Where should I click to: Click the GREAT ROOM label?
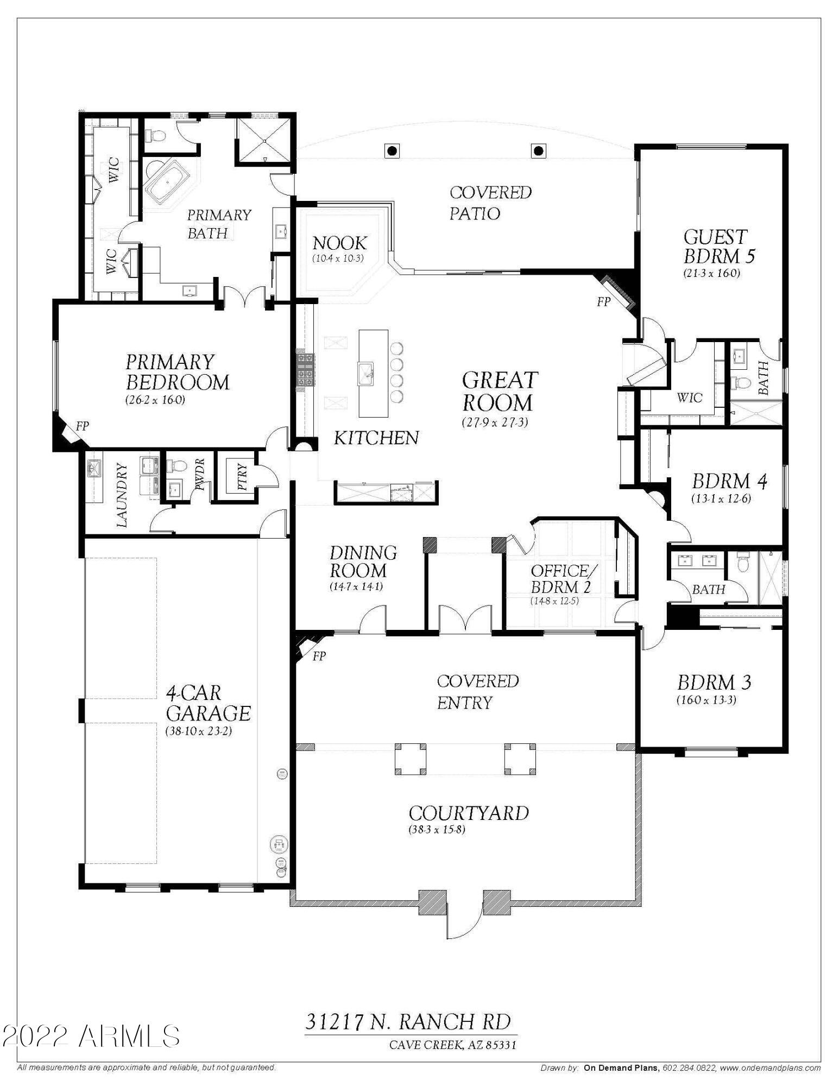click(x=500, y=392)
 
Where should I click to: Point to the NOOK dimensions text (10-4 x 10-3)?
click(x=338, y=258)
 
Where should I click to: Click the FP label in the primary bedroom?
click(x=82, y=426)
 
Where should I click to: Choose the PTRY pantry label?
click(x=242, y=476)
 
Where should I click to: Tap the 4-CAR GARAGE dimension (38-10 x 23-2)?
click(x=199, y=731)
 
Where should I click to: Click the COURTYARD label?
click(x=469, y=813)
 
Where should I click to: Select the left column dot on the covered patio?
click(x=392, y=150)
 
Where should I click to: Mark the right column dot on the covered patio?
click(x=538, y=150)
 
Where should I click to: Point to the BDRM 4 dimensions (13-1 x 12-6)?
click(x=721, y=498)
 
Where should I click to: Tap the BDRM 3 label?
click(x=714, y=683)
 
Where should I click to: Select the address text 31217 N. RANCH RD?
click(x=408, y=1021)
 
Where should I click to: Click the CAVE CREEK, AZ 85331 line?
click(x=453, y=1044)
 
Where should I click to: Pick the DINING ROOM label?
click(x=363, y=562)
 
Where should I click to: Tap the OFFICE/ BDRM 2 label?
click(x=559, y=579)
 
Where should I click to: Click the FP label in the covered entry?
click(x=319, y=656)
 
